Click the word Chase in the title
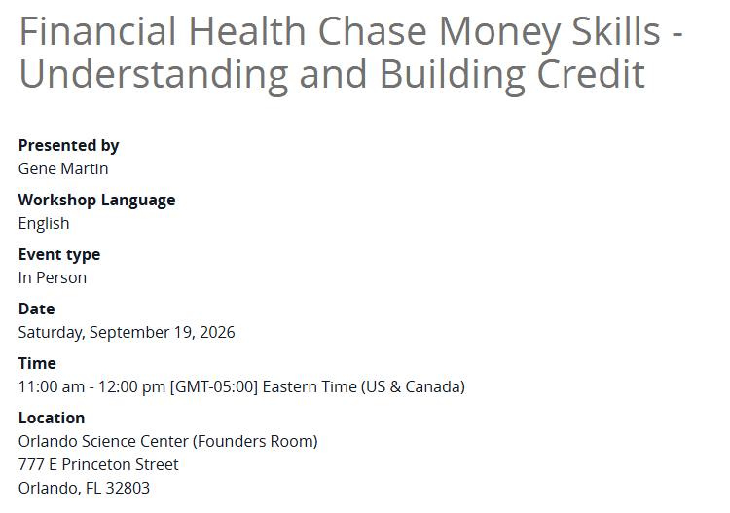coord(372,31)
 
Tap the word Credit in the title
coord(591,74)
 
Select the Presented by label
coord(69,146)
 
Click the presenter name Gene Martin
coord(63,168)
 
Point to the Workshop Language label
coord(96,201)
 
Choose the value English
coord(44,224)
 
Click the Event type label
coord(59,255)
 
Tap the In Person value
coord(53,277)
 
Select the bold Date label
coord(37,310)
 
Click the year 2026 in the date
coord(217,332)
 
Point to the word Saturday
coord(52,333)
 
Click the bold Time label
coord(37,363)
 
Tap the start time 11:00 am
coord(52,386)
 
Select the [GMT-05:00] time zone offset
coord(214,386)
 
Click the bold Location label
coord(52,418)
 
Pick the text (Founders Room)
coord(255,441)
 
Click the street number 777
coord(31,464)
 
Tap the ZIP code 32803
coord(128,488)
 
